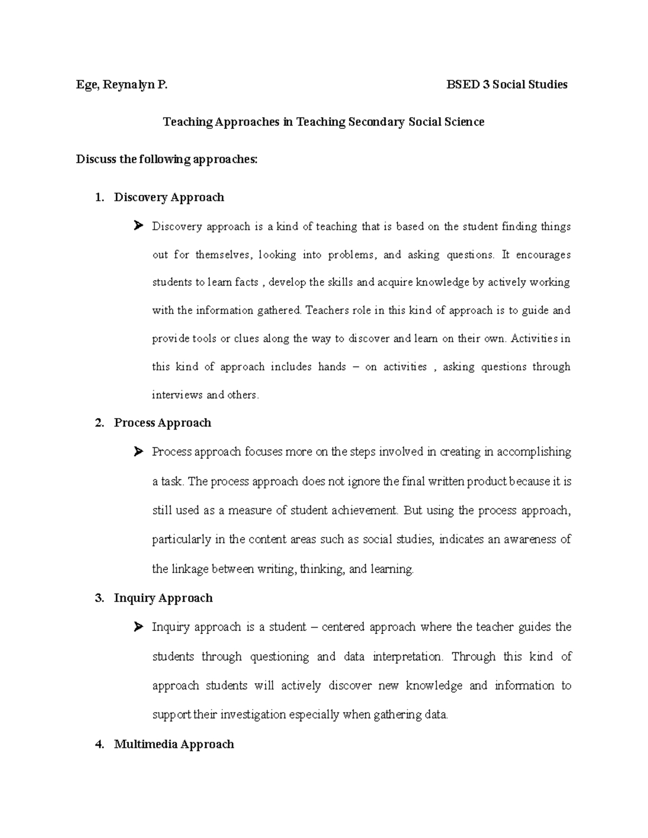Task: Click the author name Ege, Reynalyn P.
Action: (122, 85)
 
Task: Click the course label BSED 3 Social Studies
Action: (507, 85)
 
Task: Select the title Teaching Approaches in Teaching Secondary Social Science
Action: (323, 122)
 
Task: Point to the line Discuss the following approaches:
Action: (167, 160)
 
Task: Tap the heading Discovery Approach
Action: (168, 197)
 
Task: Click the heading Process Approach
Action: (162, 423)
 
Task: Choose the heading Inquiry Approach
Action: (163, 598)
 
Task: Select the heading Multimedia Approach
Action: (174, 745)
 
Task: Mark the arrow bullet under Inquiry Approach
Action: (138, 626)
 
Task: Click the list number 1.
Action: (98, 197)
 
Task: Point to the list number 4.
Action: (98, 745)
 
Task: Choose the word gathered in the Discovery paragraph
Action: (276, 311)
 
